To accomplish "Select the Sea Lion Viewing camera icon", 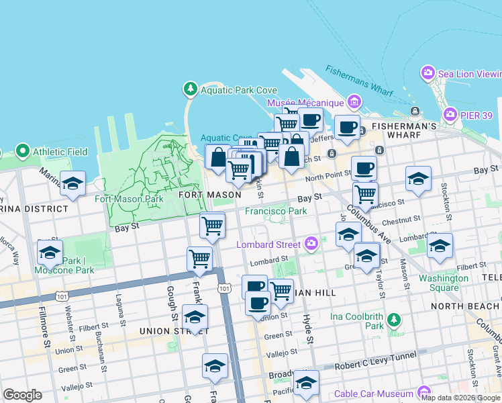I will (428, 73).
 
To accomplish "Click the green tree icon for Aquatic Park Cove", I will (191, 89).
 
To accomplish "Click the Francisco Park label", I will (276, 211).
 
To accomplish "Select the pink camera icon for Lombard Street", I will (311, 243).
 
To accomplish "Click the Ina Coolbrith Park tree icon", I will (395, 320).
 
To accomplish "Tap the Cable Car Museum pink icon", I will (424, 393).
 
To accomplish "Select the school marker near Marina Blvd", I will (72, 183).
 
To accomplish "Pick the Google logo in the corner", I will (22, 395).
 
